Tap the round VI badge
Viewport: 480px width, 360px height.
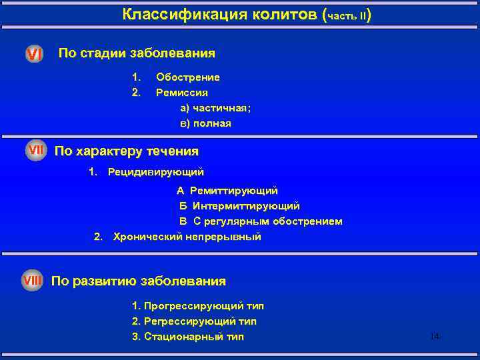pos(34,54)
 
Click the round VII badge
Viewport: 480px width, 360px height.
pos(35,151)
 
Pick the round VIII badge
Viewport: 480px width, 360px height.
pos(32,281)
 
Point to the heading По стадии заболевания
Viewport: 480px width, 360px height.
pos(137,53)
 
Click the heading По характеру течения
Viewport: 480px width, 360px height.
pos(126,151)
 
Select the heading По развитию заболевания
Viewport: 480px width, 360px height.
pos(139,281)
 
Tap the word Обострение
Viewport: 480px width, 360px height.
pos(188,77)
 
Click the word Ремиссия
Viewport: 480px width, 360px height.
pos(182,93)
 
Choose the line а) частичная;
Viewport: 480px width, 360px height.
pos(215,108)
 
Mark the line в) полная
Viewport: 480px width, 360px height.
pos(205,123)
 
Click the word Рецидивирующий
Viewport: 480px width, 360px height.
pos(156,173)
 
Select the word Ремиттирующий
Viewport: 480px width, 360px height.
pos(235,191)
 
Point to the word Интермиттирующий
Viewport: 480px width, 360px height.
pos(246,206)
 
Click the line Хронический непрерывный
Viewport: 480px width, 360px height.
pos(187,237)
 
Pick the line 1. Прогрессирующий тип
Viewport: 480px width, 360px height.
pos(198,306)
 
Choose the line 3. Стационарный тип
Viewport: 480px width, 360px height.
pos(188,337)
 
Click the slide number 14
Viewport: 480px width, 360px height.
pos(435,336)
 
